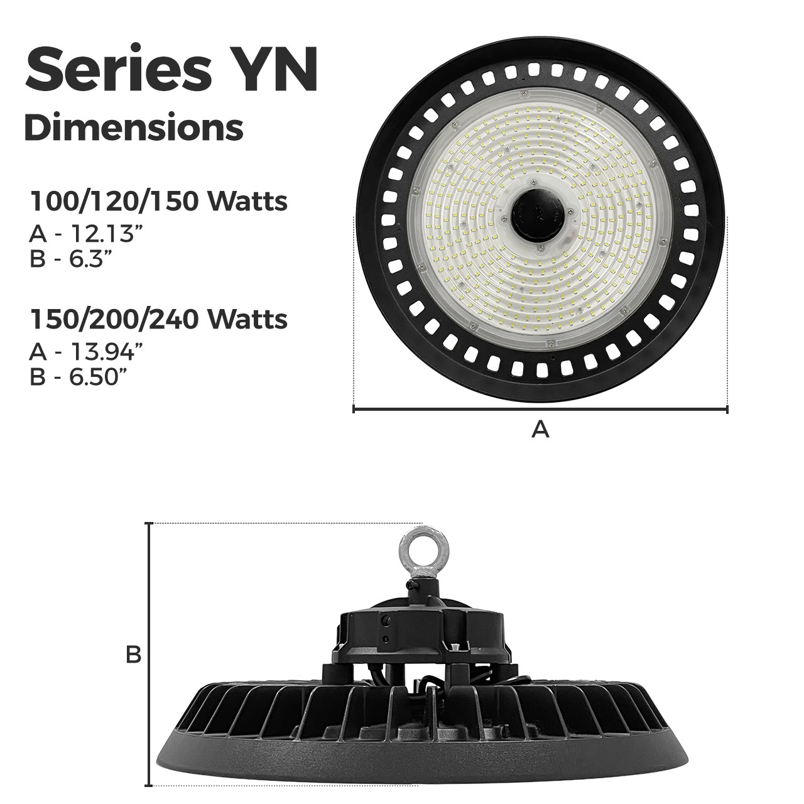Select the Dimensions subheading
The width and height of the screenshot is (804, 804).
[133, 128]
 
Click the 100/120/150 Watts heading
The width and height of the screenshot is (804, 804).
[159, 202]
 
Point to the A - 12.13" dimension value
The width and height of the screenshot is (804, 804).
[82, 234]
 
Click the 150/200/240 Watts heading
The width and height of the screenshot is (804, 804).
[159, 319]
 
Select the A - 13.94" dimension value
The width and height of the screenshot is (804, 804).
[84, 352]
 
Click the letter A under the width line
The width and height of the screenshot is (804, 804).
[540, 430]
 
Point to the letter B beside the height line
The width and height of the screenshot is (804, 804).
[133, 655]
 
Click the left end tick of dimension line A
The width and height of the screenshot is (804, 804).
[354, 410]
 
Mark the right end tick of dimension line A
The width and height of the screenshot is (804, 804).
[727, 410]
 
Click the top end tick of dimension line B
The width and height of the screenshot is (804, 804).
[149, 523]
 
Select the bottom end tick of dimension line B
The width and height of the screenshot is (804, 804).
[149, 785]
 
